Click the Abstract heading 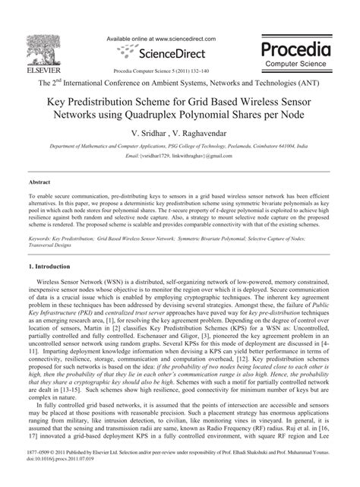click(39, 183)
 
